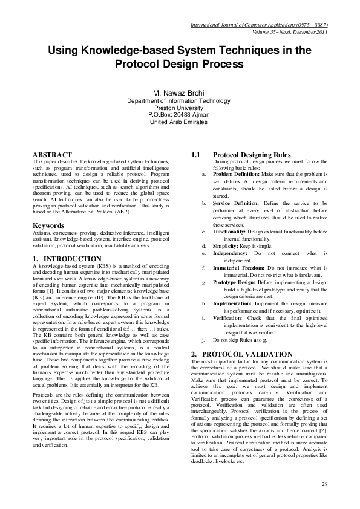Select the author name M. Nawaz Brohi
coord(179,92)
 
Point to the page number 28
coord(324,484)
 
